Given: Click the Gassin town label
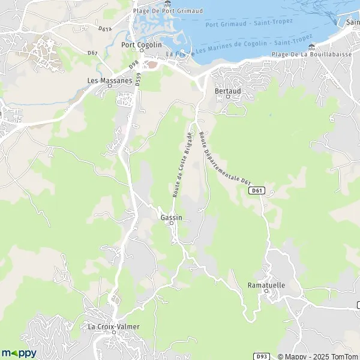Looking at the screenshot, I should tap(171, 217).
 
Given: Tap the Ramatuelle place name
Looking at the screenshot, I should tap(266, 286).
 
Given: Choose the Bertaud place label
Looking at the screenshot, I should tap(227, 91).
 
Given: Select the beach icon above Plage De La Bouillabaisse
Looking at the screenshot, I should tap(310, 46).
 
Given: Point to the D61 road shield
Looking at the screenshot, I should tap(257, 190).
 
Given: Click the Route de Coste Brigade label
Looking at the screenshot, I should tap(181, 164).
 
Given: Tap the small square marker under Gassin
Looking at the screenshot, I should tap(171, 223).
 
